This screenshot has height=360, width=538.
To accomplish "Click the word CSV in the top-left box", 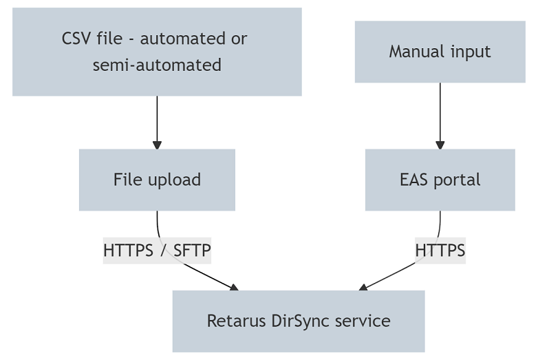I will [x=76, y=38].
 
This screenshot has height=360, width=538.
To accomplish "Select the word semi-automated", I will [x=157, y=65].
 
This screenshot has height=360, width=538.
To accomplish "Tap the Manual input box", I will [x=440, y=52].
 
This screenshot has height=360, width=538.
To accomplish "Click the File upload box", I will [x=157, y=180].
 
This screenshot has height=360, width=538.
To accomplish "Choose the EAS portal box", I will [x=440, y=180].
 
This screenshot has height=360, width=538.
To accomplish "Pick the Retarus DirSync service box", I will [x=298, y=321].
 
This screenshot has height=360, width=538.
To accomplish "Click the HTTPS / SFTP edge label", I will [x=157, y=251].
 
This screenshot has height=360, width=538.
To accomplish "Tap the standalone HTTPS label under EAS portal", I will [x=440, y=251].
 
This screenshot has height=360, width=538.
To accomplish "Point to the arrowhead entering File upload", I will [x=157, y=145].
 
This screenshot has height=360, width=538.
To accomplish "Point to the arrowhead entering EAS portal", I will [x=440, y=145].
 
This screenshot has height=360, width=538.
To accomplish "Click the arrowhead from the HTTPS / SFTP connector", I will [x=234, y=287].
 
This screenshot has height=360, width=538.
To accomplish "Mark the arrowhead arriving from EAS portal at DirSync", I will [x=363, y=287].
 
